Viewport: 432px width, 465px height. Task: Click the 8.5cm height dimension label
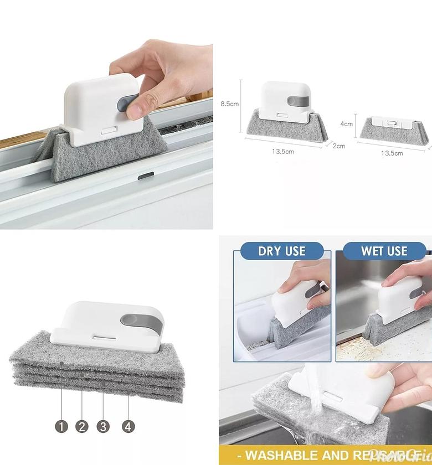click(x=229, y=104)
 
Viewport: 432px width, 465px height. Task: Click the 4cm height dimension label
click(x=346, y=124)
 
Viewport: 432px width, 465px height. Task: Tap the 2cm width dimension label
click(x=339, y=146)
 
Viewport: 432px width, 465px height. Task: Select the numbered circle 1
click(x=61, y=426)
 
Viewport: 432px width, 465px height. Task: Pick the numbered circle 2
click(x=82, y=426)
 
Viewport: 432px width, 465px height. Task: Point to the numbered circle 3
click(x=103, y=426)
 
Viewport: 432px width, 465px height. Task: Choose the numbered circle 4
click(x=128, y=426)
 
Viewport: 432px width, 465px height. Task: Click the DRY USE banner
click(x=281, y=251)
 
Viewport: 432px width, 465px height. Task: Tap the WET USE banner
click(x=384, y=251)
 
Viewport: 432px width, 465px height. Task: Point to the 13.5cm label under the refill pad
click(x=392, y=153)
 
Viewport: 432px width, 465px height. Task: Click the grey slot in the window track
click(x=145, y=191)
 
